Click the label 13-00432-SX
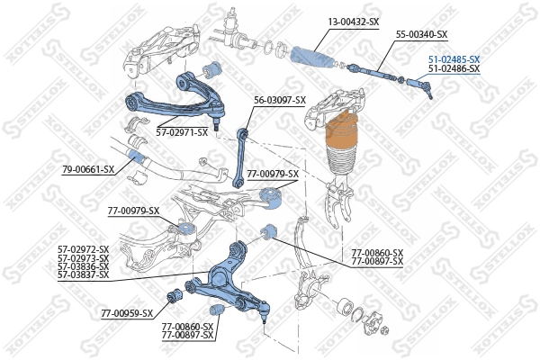pyautogui.click(x=353, y=20)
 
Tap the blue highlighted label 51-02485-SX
pyautogui.click(x=454, y=59)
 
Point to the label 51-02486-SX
pyautogui.click(x=454, y=68)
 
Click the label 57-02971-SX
pyautogui.click(x=182, y=132)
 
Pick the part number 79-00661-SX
pyautogui.click(x=88, y=169)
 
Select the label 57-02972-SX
pyautogui.click(x=83, y=249)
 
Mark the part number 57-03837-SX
pyautogui.click(x=83, y=274)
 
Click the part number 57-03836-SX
pyautogui.click(x=83, y=265)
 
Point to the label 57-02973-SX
pyautogui.click(x=83, y=257)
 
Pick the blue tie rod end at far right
pyautogui.click(x=421, y=86)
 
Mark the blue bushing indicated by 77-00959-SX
pyautogui.click(x=175, y=294)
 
